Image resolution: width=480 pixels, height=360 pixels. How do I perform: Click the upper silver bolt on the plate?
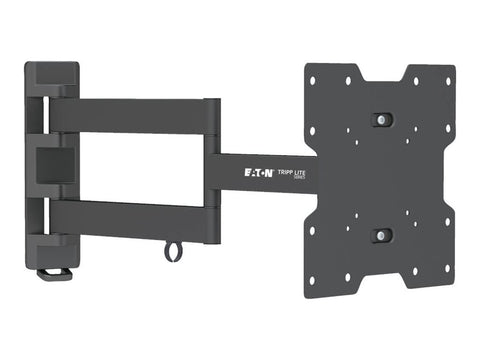(x=381, y=119)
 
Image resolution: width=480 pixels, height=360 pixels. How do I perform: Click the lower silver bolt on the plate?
(x=381, y=235)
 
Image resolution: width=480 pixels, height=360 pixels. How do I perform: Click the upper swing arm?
(x=130, y=115)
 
